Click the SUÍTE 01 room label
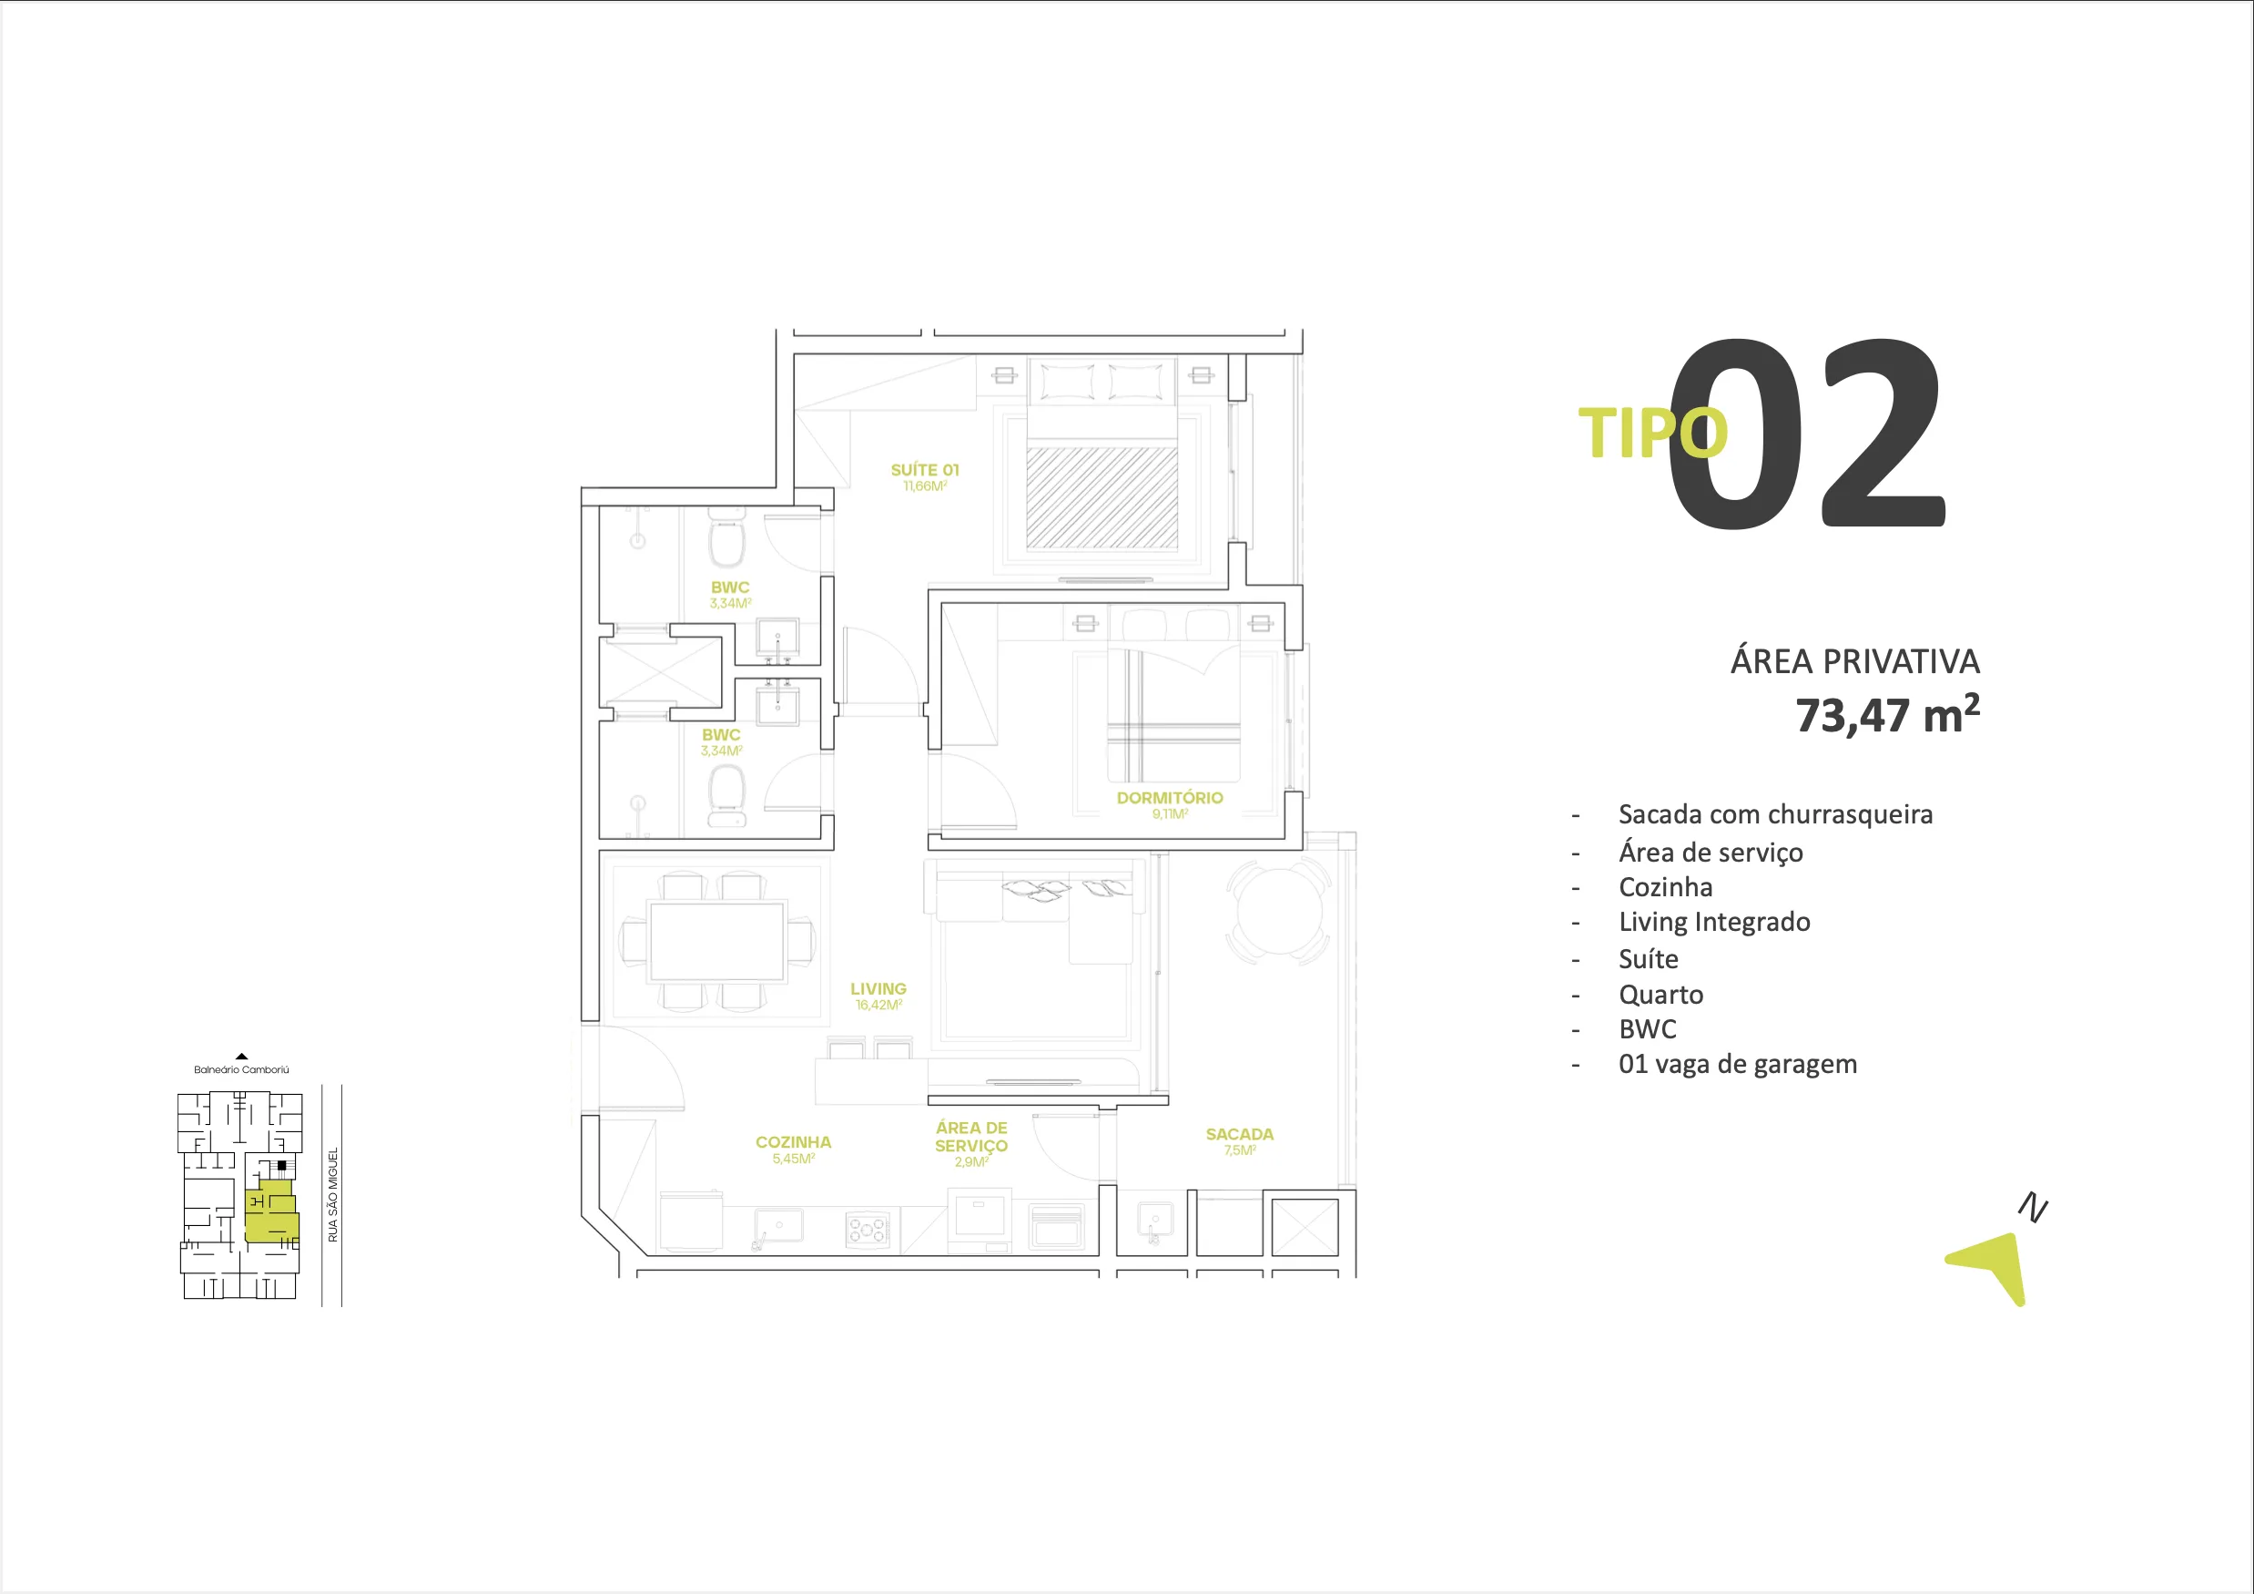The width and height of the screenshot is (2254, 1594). pos(924,470)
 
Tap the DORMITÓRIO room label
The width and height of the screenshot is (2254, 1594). pos(1169,799)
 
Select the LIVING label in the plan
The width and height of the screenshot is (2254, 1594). pos(878,989)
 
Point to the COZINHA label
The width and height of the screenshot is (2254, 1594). pos(793,1142)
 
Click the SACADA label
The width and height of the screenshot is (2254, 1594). pos(1239,1134)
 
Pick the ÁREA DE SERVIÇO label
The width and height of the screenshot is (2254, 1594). pos(971,1138)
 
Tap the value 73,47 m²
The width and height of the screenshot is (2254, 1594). pos(1886,715)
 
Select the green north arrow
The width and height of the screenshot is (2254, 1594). pos(1993,1266)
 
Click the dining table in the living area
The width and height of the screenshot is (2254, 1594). pos(716,942)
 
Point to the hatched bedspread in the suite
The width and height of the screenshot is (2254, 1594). pos(1102,497)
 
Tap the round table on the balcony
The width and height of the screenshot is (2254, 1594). pos(1278,911)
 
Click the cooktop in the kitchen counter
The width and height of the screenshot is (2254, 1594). pos(867,1230)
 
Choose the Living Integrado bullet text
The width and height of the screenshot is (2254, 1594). pos(1714,922)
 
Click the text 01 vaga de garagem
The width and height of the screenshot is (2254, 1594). pos(1737,1065)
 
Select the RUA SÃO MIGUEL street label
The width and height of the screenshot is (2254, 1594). pos(333,1194)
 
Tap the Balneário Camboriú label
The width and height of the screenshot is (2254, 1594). pos(241,1069)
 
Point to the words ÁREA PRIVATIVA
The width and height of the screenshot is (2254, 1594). pos(1854,662)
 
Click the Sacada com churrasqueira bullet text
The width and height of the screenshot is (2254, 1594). pos(1775,815)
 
